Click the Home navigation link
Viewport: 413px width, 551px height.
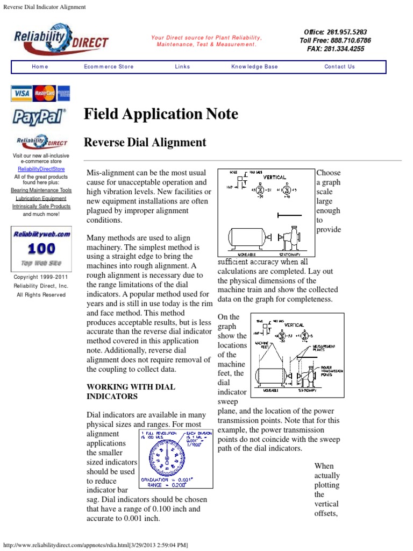pyautogui.click(x=40, y=67)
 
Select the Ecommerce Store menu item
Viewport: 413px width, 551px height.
pyautogui.click(x=109, y=67)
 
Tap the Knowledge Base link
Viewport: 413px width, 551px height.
pyautogui.click(x=254, y=67)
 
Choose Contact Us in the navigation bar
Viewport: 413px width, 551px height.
pyautogui.click(x=339, y=67)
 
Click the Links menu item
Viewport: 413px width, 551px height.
pyautogui.click(x=182, y=67)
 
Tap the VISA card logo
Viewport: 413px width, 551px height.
pyautogui.click(x=22, y=94)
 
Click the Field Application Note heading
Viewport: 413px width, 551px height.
pyautogui.click(x=161, y=114)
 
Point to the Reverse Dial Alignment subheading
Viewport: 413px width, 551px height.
pyautogui.click(x=145, y=143)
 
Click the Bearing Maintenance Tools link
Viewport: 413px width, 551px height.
pyautogui.click(x=41, y=190)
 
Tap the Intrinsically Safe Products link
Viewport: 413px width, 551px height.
pyautogui.click(x=41, y=206)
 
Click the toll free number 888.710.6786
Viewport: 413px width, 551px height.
pyautogui.click(x=349, y=40)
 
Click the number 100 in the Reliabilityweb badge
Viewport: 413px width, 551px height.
pyautogui.click(x=41, y=249)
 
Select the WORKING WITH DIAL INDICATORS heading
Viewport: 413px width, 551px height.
pyautogui.click(x=131, y=391)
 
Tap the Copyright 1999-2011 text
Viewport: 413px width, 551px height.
pyautogui.click(x=41, y=278)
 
